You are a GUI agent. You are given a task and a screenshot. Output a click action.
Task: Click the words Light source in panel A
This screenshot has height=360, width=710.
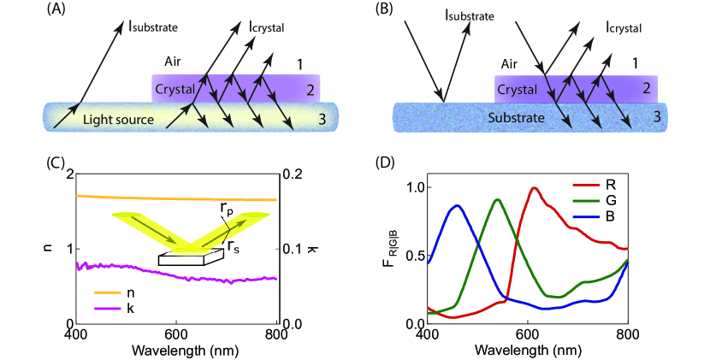click(x=118, y=120)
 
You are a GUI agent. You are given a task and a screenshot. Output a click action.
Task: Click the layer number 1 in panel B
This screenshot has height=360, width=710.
click(x=634, y=62)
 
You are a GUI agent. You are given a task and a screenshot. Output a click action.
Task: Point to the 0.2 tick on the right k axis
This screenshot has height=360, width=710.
click(x=296, y=174)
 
